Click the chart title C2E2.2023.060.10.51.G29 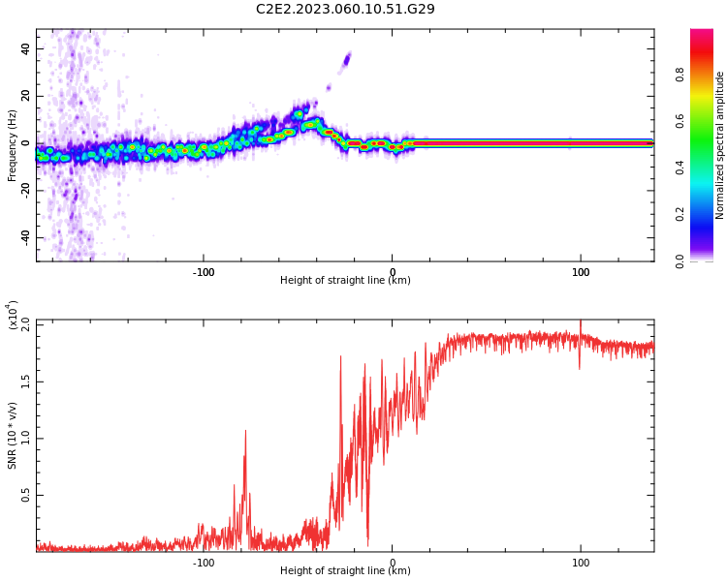point(345,9)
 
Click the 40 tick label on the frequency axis point(25,48)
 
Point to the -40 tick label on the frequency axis point(23,237)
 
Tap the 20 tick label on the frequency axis point(25,96)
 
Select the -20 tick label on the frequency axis point(23,191)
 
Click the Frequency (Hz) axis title point(13,145)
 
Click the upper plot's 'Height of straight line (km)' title point(345,281)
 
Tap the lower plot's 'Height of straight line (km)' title point(345,571)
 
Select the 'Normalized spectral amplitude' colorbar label point(720,145)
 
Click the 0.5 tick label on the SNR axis point(24,495)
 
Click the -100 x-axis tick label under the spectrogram point(203,272)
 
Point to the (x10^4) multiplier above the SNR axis point(14,315)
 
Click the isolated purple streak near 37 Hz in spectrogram point(345,61)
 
